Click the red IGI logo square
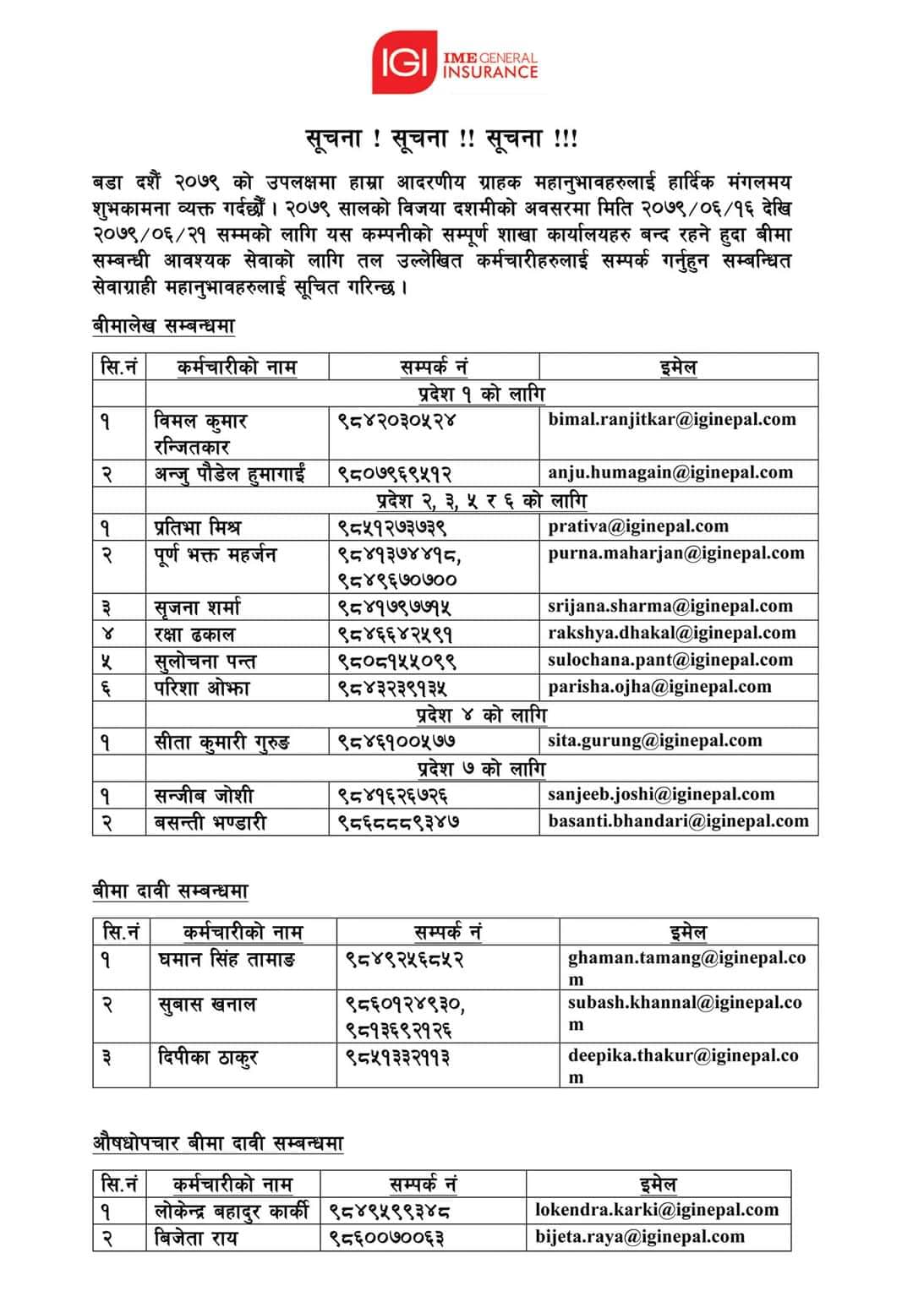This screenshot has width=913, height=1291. coord(404,61)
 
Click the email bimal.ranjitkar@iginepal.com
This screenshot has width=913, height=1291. coord(672,419)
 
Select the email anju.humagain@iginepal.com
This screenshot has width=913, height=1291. coord(670,472)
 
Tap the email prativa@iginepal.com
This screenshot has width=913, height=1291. coord(638,526)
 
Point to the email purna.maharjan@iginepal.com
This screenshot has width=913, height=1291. coord(676,553)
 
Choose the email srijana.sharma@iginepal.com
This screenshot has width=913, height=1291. coord(670,607)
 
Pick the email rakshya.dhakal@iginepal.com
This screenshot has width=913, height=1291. coord(672,633)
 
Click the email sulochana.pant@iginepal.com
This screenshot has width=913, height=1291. coord(672,660)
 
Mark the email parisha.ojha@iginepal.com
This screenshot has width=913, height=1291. coord(659,687)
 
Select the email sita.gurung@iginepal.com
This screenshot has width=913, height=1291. coord(655,741)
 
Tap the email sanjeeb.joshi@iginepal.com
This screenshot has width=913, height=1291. coord(661,794)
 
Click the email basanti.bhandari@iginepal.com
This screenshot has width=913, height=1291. coord(678,821)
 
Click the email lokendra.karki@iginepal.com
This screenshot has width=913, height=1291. coord(657,1210)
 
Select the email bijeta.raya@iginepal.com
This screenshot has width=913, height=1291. coord(640,1237)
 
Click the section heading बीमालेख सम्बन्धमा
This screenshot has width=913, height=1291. coord(163,325)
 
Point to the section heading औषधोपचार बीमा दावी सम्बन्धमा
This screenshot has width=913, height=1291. coord(218,1143)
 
